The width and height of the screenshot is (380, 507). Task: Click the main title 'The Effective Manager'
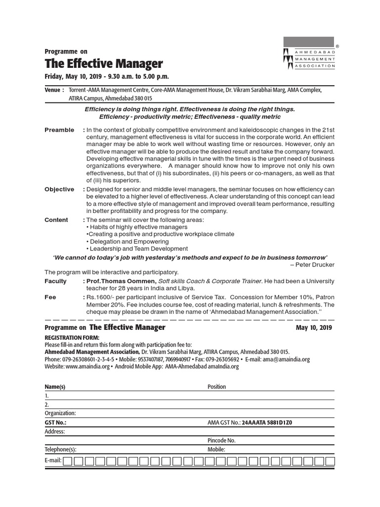pos(103,64)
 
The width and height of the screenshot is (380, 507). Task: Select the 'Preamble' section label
pos(59,130)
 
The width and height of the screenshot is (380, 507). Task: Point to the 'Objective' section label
pos(59,189)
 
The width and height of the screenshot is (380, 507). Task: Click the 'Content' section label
pos(56,220)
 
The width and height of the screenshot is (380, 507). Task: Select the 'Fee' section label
pos(50,297)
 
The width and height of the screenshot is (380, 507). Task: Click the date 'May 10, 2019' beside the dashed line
pos(314,328)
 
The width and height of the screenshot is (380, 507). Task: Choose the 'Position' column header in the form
pos(217,387)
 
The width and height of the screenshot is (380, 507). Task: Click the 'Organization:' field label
pos(60,413)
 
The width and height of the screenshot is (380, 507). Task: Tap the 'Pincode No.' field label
pos(222,440)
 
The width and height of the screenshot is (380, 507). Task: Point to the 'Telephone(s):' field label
pos(60,450)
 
